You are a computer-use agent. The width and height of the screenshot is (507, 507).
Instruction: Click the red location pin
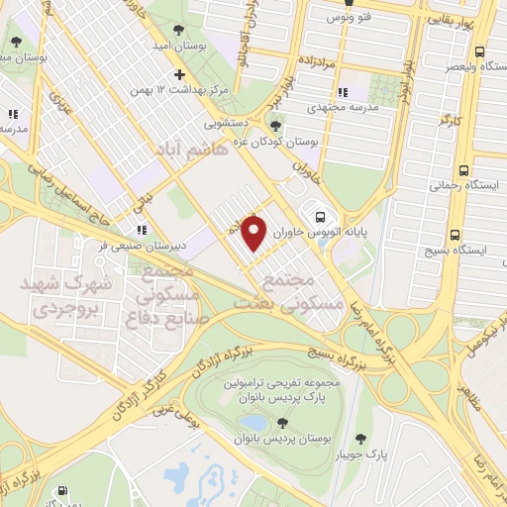[254, 233]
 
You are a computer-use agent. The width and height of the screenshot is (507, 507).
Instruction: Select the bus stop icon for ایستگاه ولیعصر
[479, 51]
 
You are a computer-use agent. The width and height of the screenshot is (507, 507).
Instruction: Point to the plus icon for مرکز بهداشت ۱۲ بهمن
[178, 75]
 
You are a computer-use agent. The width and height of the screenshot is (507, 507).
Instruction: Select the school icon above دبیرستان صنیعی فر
[143, 229]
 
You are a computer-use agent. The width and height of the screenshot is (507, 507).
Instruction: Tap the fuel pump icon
[64, 492]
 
